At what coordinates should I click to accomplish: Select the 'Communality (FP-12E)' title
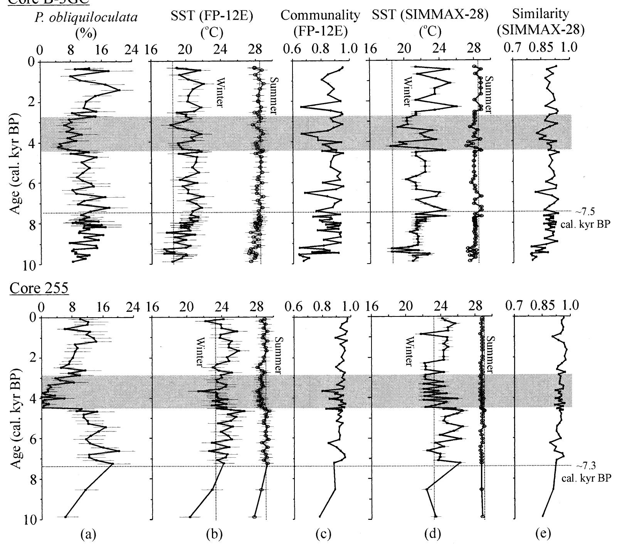(321, 23)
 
